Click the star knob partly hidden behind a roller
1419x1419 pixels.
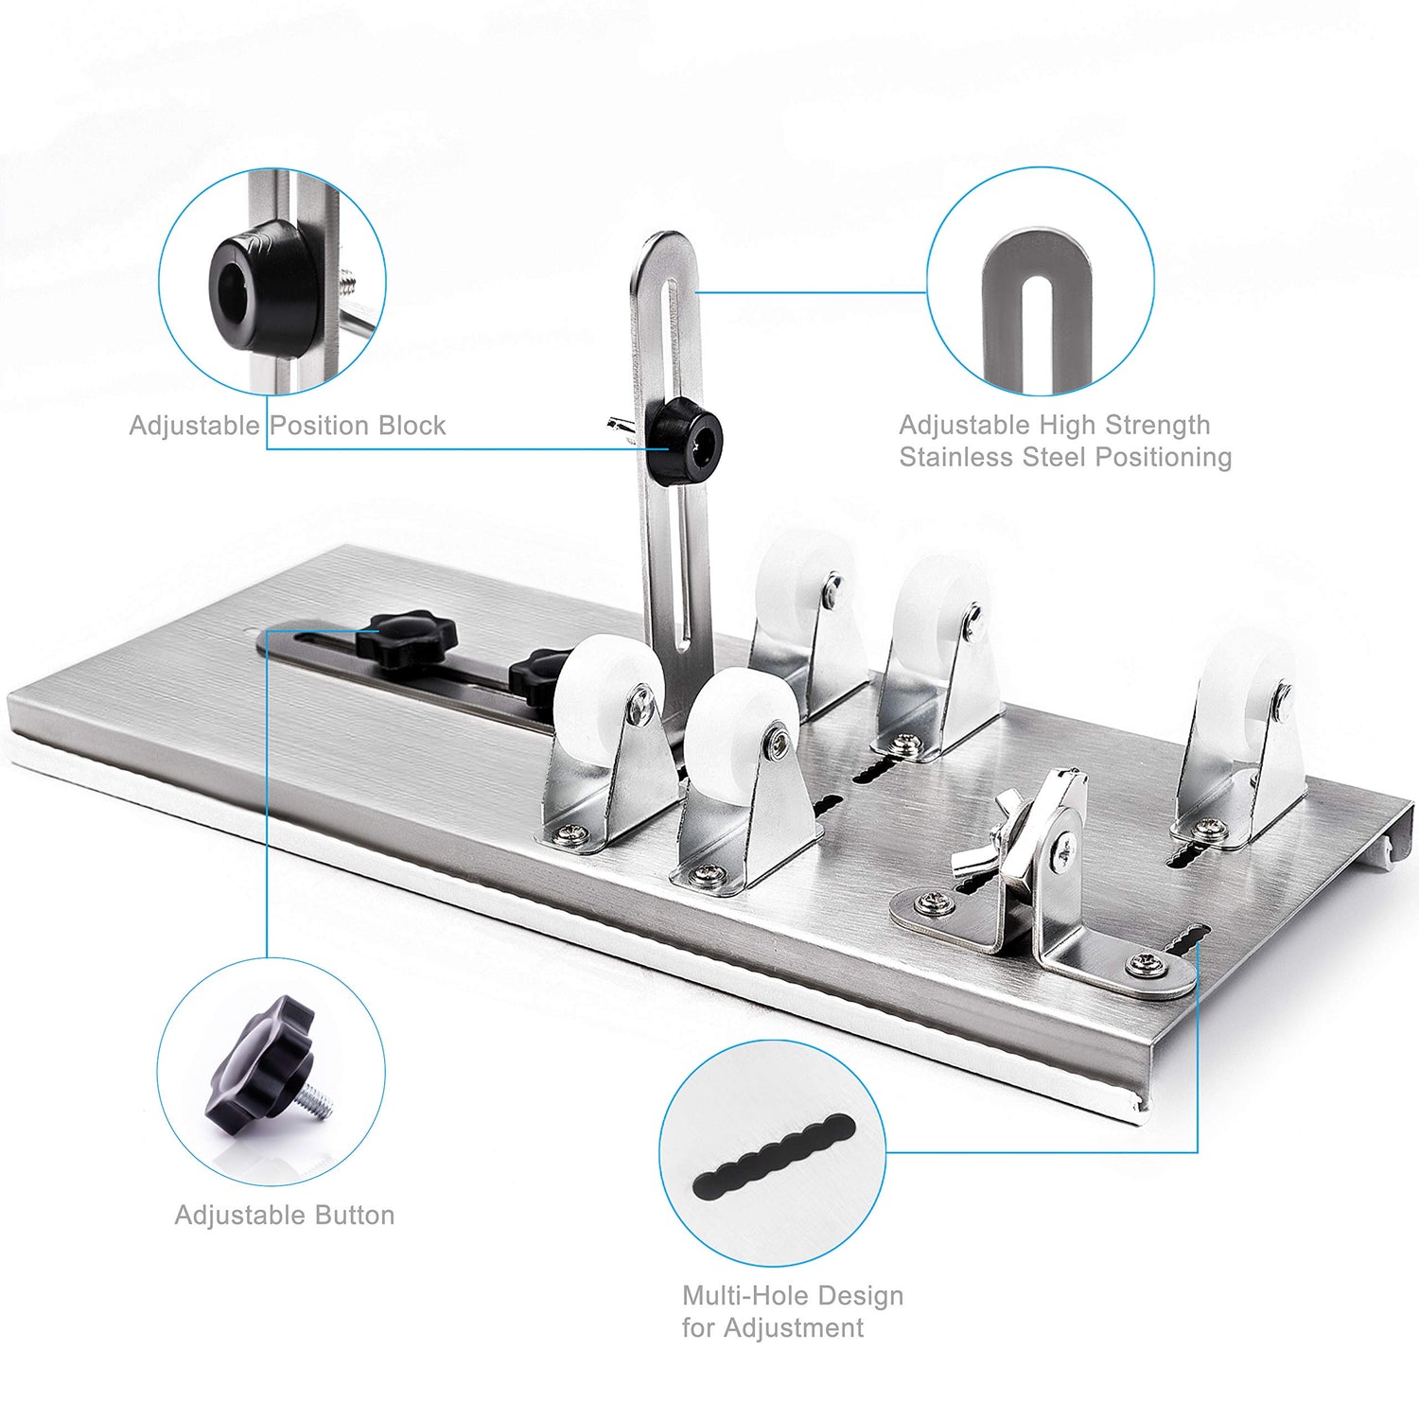coord(534,674)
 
